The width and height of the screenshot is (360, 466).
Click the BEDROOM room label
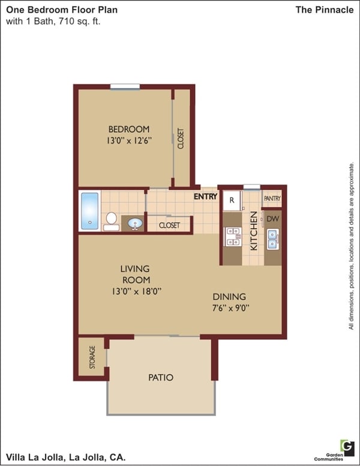tap(128, 129)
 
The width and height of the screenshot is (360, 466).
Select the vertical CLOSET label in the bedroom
tap(181, 139)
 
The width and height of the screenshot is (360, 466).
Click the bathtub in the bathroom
tap(89, 211)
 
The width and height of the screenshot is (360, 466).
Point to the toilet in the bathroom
tap(111, 221)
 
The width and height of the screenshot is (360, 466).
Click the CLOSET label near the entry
tap(169, 226)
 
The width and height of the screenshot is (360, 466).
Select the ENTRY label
tap(205, 196)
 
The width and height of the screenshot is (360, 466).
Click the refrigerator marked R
tap(232, 200)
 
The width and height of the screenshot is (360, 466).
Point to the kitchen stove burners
tap(231, 237)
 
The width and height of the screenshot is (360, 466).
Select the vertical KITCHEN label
tap(254, 230)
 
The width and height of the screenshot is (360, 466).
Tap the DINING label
tap(229, 297)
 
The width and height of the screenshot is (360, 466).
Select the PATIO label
tap(160, 378)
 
